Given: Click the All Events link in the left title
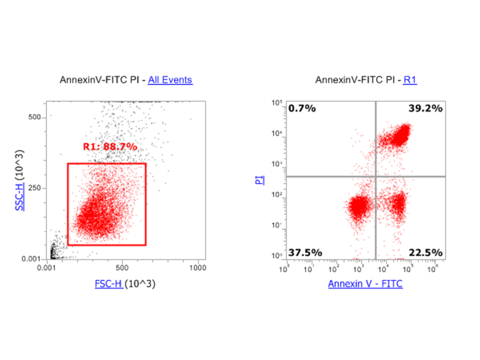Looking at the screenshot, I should [x=170, y=80].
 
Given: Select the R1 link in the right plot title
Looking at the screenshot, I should [x=410, y=80].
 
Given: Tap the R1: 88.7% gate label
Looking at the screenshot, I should [x=110, y=147].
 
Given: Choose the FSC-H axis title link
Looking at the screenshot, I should [x=108, y=284].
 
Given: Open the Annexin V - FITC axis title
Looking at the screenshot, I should [x=365, y=284].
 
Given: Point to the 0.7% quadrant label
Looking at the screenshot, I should [x=302, y=108].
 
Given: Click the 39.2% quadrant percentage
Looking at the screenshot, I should [x=425, y=108].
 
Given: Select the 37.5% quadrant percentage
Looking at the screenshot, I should [x=305, y=252].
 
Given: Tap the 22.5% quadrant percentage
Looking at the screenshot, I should [x=425, y=252].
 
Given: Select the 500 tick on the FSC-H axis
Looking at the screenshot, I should [x=122, y=268].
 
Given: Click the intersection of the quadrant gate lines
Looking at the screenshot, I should [x=376, y=176].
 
